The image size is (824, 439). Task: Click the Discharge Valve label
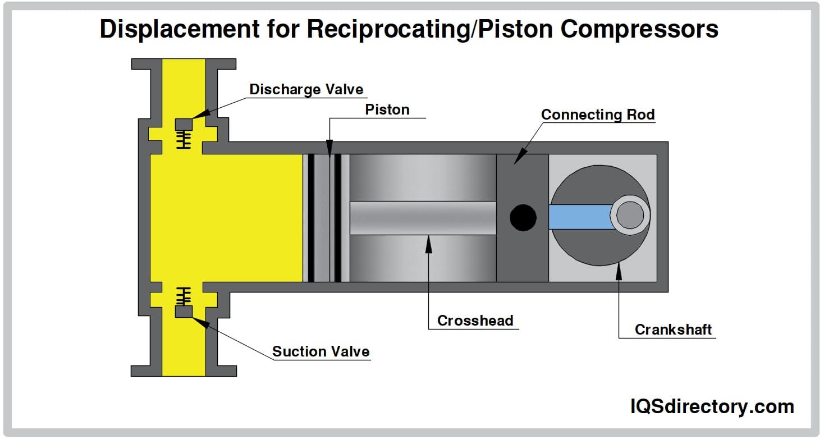[x=306, y=89]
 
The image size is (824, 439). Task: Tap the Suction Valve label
[x=321, y=351]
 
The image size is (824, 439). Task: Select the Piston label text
[x=387, y=109]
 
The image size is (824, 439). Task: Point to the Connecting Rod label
[x=598, y=115]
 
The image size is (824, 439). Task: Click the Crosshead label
[x=475, y=321]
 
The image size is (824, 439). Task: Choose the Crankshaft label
[x=673, y=330]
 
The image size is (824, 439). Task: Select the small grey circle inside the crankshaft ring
[x=630, y=215]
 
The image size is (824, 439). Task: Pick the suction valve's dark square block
[x=184, y=311]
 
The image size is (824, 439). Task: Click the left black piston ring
[x=311, y=218]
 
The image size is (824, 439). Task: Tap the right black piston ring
[x=337, y=218]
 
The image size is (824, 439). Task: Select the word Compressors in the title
[x=639, y=29]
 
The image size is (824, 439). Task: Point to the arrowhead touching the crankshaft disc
[x=619, y=269]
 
